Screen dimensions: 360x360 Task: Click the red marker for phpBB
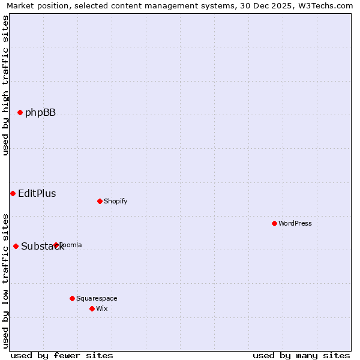point(20,112)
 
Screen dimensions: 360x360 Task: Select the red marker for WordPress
point(274,223)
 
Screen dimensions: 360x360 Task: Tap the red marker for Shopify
point(100,201)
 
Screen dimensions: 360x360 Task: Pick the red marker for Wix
point(92,308)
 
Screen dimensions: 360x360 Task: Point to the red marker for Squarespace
point(72,298)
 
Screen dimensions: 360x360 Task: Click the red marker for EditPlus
point(13,193)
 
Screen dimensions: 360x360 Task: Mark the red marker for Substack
point(16,246)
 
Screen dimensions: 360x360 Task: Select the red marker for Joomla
point(56,245)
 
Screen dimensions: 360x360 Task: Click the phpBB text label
point(40,112)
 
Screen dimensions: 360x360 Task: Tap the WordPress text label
point(295,223)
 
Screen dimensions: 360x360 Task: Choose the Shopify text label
point(115,201)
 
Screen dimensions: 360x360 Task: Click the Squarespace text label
point(97,298)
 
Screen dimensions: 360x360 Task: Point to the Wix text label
point(101,308)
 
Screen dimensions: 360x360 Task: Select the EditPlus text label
point(37,193)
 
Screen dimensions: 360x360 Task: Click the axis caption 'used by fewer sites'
point(62,355)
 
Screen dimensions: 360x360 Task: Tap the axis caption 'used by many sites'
point(301,355)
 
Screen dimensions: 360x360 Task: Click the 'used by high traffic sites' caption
point(6,85)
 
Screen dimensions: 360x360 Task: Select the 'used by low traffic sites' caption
point(6,280)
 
